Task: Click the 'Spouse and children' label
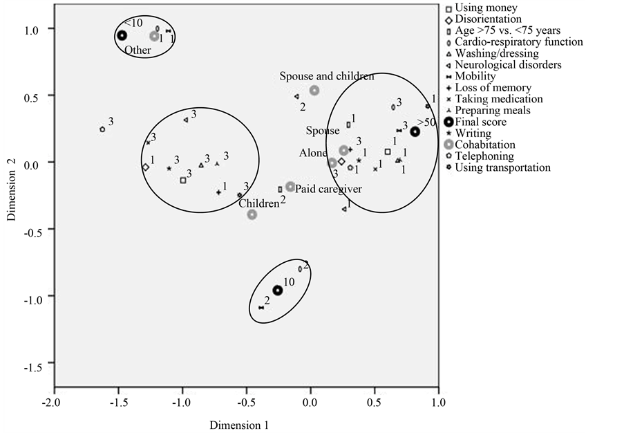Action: coord(327,75)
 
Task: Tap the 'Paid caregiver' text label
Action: coord(329,189)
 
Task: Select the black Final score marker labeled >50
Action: coord(415,132)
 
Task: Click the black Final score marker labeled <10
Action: coord(122,35)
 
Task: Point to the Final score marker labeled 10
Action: coord(277,291)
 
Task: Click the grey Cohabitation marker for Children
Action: coord(252,214)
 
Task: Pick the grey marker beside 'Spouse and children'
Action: coord(314,91)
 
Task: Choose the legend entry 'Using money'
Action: coord(484,8)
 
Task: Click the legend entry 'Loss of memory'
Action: coord(493,88)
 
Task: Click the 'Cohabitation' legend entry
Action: coord(484,145)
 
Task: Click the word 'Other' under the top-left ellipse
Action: coord(138,50)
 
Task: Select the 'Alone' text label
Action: coord(313,153)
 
